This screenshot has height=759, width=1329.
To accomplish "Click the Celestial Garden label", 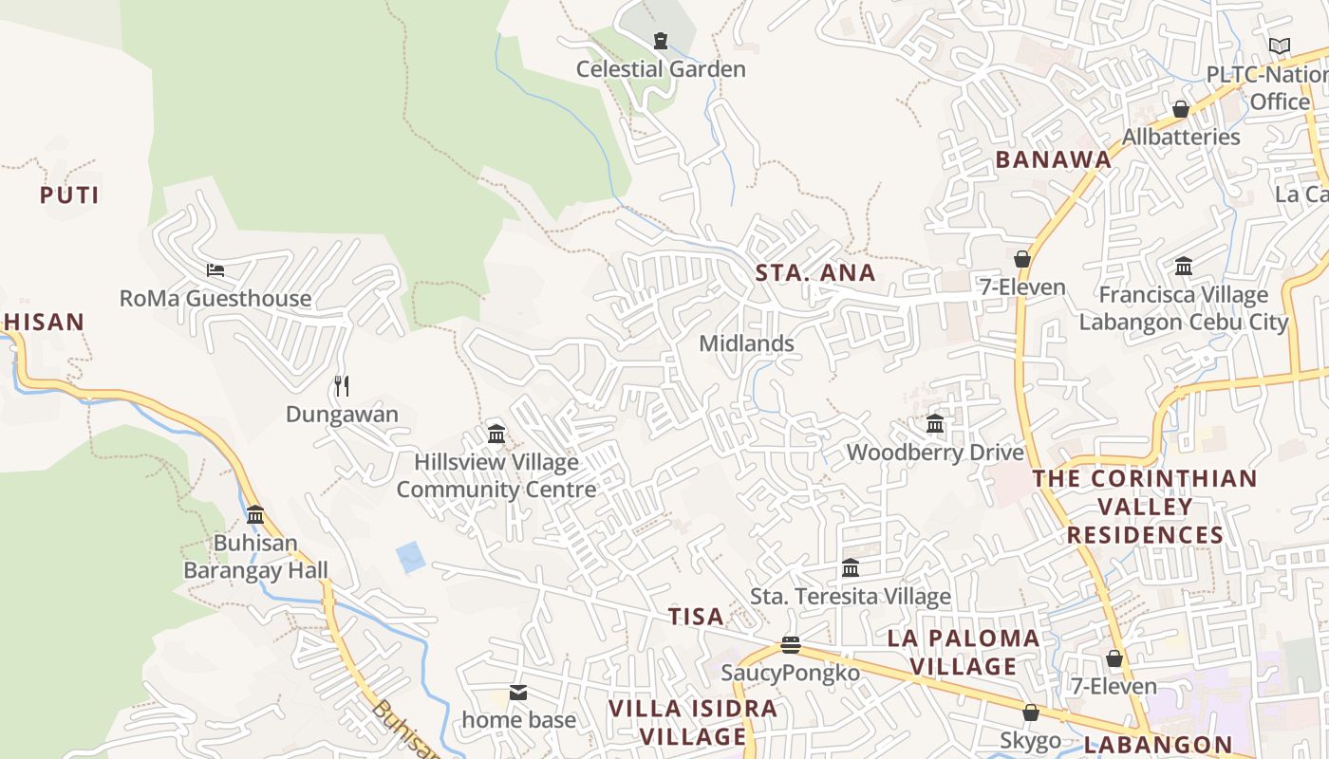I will (661, 69).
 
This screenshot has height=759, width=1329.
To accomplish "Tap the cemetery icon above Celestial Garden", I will (660, 40).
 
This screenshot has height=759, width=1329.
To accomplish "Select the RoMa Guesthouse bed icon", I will (215, 270).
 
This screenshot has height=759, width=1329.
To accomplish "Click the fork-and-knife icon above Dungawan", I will (342, 385).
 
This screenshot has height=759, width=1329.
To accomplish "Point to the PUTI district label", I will (69, 195).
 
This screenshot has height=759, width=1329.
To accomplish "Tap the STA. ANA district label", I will (815, 273).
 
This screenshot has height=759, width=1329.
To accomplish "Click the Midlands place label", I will (746, 343).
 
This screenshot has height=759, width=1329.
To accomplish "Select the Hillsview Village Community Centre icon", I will (496, 434).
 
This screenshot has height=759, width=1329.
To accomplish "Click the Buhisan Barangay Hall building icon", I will (255, 514).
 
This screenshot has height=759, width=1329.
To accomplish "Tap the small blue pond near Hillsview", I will (411, 557).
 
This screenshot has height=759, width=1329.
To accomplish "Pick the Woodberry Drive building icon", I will (935, 423).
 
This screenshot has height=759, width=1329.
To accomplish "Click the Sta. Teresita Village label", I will (851, 597).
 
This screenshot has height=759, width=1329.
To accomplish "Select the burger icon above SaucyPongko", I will (790, 645).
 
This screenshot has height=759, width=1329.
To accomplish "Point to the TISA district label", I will (696, 617).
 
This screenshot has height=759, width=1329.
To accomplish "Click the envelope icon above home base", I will (518, 693).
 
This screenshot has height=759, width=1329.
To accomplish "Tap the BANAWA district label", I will (1053, 159).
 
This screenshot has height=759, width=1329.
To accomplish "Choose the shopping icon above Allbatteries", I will (1180, 109).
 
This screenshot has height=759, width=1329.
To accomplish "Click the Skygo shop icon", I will (1031, 712).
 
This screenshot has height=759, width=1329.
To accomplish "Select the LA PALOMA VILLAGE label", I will (964, 652).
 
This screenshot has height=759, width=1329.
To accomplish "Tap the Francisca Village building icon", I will (1184, 266).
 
